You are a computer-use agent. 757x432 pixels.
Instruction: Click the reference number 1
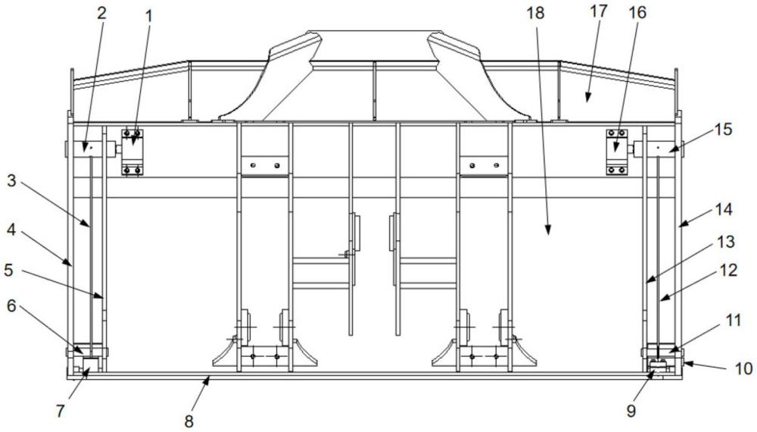[148, 13]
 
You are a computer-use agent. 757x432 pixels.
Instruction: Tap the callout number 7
[61, 413]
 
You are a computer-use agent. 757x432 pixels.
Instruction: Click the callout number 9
[631, 413]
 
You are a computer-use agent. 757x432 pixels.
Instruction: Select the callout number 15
[723, 130]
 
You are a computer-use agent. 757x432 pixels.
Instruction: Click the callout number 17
[605, 13]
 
